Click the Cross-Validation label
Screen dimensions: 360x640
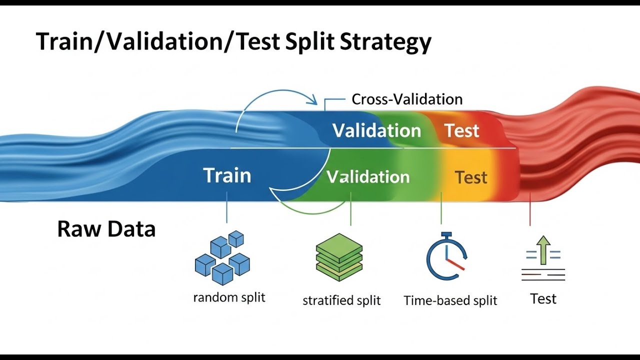point(407,99)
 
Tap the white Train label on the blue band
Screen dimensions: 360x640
point(227,175)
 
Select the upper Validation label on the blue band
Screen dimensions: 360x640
point(376,131)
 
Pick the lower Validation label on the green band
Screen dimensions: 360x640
point(368,177)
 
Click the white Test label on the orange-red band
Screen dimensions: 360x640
point(462,131)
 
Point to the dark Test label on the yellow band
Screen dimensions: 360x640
point(471,177)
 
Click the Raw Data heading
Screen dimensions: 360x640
point(106,229)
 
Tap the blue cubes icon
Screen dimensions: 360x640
point(222,257)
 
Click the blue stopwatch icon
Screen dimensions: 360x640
point(446,257)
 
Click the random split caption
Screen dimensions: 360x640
point(229,297)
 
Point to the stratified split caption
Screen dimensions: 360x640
point(341,300)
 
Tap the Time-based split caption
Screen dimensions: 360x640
point(450,300)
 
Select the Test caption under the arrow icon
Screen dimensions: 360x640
point(543,299)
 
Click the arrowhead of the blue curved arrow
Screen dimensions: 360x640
point(314,101)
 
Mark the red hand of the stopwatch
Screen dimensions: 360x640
point(455,265)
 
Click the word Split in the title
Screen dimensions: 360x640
point(308,42)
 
